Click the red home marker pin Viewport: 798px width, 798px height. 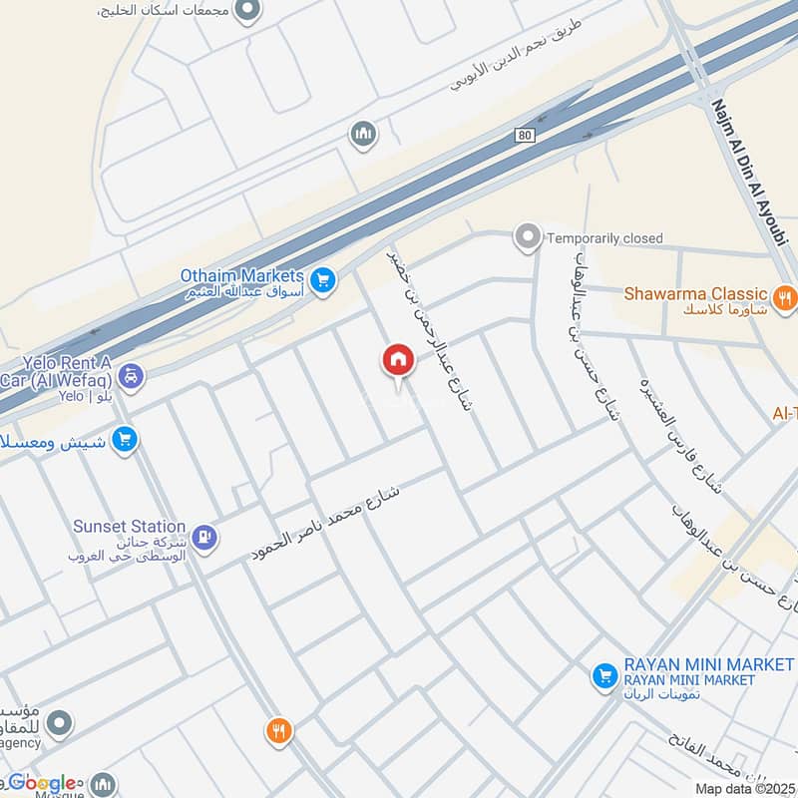(x=397, y=361)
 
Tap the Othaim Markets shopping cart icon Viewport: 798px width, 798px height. (x=321, y=281)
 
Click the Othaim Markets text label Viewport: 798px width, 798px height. (x=241, y=274)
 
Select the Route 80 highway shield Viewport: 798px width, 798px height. (x=527, y=135)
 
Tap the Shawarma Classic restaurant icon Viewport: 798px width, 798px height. (x=785, y=296)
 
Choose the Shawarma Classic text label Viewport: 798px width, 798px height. (x=696, y=294)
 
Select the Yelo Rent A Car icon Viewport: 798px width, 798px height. (x=131, y=377)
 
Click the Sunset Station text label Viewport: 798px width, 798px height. (x=130, y=526)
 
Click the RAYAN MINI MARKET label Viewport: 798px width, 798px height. (x=708, y=664)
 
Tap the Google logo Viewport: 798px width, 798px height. (x=44, y=783)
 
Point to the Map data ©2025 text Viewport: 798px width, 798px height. (x=745, y=789)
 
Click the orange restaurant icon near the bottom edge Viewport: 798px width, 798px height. (x=278, y=732)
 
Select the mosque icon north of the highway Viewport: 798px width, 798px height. (x=362, y=134)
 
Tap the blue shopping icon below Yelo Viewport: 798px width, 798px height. (x=125, y=439)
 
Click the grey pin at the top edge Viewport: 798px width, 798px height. (x=249, y=11)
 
